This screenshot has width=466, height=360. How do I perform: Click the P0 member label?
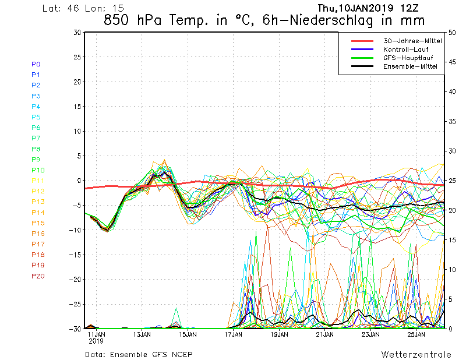(36, 64)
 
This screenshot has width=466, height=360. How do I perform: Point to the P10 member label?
(38, 170)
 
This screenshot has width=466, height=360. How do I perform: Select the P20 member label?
(38, 276)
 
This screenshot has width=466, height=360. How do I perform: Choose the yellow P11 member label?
(38, 181)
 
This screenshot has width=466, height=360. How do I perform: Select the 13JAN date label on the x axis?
(142, 335)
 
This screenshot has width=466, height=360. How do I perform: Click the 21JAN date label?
(324, 335)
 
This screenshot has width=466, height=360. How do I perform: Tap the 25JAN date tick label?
(416, 335)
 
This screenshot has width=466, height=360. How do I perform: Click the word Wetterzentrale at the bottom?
(416, 354)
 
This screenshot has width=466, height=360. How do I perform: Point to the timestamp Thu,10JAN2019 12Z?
(371, 8)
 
